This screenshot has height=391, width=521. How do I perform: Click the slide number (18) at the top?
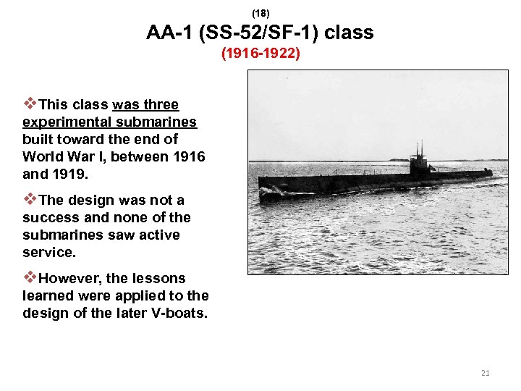(260, 13)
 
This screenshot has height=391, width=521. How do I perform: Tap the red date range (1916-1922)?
(260, 53)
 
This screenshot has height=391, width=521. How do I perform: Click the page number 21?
(485, 373)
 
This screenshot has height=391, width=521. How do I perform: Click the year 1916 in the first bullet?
(187, 156)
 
